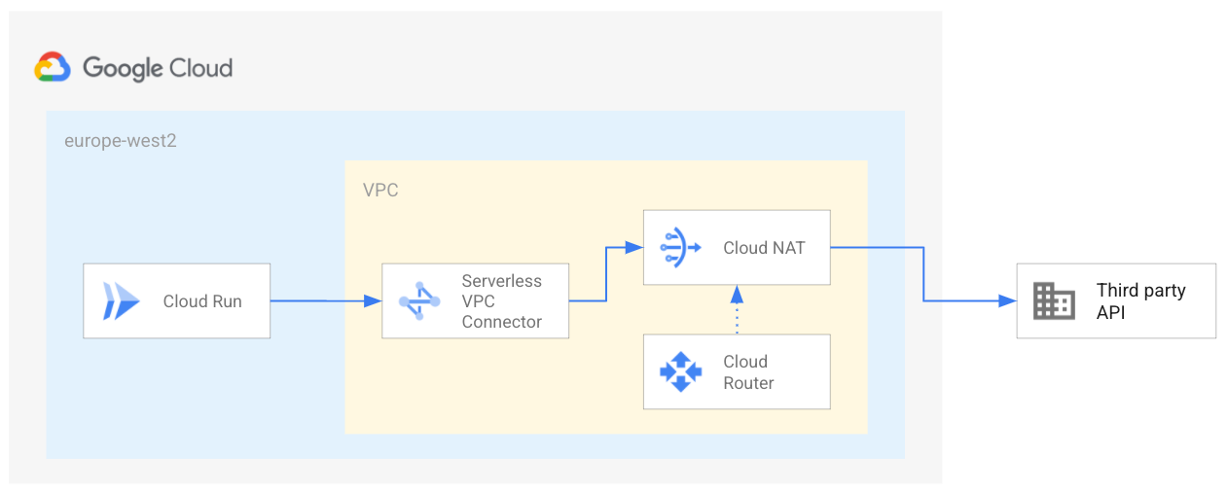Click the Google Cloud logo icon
53,67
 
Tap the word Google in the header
123,68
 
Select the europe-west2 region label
121,141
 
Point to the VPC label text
380,191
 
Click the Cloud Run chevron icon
122,300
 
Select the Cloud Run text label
202,300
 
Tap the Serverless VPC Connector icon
419,300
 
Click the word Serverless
502,280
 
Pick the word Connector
502,322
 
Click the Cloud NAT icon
680,247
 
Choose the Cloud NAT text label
764,248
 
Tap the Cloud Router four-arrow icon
681,371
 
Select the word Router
748,383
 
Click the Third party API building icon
1054,300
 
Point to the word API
1110,312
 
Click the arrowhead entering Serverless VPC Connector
373,300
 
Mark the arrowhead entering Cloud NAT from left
634,247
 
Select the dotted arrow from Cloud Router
737,309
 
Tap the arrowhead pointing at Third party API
1008,300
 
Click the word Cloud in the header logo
200,68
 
